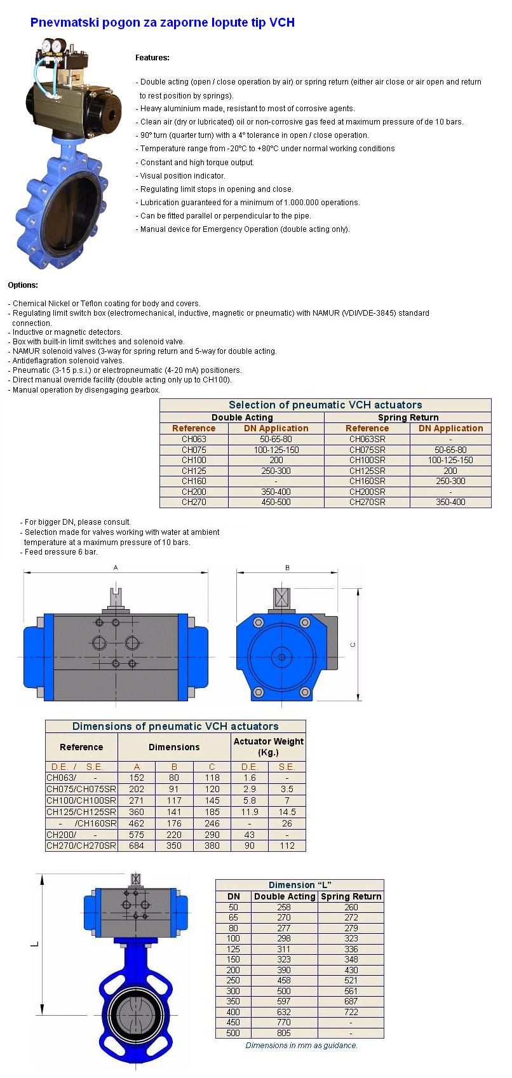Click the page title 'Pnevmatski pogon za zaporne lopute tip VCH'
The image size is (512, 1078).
162,23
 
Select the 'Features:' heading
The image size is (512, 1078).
152,58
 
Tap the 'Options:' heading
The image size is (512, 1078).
23,285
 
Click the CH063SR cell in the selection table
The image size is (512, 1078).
367,439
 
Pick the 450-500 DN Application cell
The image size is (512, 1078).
276,502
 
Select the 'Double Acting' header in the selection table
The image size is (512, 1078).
242,417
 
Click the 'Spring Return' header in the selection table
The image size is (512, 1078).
408,417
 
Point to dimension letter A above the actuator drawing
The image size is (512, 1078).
116,568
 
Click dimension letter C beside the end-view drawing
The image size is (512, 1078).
354,645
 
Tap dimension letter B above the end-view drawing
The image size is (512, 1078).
287,568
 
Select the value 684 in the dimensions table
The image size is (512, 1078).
137,846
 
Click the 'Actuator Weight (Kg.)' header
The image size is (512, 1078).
268,746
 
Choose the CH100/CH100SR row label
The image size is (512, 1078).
81,800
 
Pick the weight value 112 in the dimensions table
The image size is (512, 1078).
287,846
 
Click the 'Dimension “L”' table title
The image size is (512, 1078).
300,885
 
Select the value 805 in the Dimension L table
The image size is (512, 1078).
284,1033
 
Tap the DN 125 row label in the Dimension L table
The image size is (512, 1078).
234,949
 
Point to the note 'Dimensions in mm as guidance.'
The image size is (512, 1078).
301,1045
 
